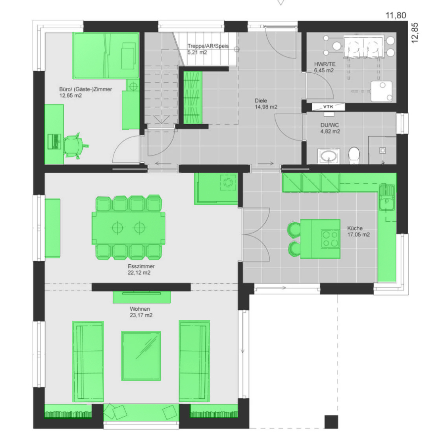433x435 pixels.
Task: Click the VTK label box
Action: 328,107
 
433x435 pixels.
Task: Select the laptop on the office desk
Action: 54,142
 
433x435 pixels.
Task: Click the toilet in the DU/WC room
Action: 354,155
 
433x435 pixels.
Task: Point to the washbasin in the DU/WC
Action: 329,156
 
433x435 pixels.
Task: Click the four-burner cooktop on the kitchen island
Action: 331,239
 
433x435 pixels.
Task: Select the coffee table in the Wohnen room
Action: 141,356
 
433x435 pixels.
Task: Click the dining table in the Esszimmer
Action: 129,228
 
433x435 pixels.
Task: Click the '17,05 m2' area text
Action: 358,235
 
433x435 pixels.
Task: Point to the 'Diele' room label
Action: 261,100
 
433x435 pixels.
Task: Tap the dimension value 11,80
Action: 396,15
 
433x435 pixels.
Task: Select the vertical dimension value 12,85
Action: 414,33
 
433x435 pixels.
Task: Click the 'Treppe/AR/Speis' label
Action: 208,46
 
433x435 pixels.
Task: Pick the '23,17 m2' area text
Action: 141,315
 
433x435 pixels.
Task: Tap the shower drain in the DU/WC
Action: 383,150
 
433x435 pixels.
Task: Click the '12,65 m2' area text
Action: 70,96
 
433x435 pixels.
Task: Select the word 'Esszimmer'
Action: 141,266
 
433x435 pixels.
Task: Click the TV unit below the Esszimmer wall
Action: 142,297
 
